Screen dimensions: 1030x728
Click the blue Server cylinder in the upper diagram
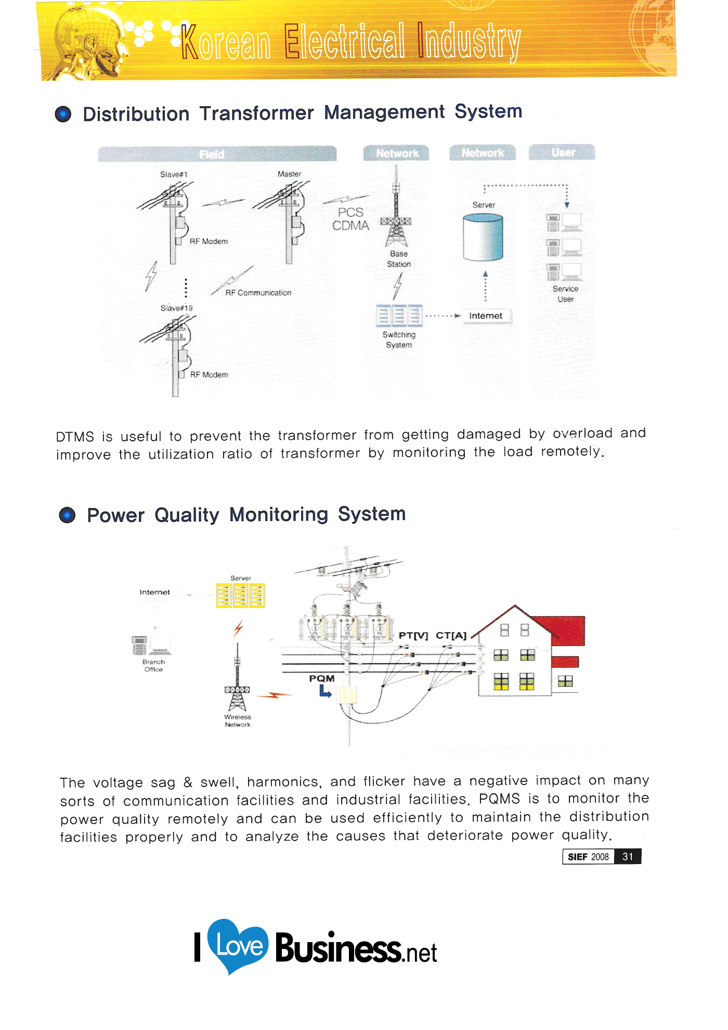483,237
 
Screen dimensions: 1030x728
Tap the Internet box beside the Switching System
486,316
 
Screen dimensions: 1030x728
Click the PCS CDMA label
351,219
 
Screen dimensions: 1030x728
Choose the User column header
562,152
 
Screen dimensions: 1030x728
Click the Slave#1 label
174,174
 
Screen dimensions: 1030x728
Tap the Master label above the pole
289,174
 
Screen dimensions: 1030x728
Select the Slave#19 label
176,308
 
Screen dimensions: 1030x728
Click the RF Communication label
258,293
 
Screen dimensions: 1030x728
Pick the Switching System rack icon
399,315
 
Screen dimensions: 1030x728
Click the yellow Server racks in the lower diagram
240,596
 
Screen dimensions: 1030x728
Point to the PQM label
322,678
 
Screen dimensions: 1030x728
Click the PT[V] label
413,635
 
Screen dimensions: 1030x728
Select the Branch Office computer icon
151,646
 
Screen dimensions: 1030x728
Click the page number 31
628,856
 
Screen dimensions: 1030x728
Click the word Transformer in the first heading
256,113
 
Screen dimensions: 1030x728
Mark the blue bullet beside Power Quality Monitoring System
67,515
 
